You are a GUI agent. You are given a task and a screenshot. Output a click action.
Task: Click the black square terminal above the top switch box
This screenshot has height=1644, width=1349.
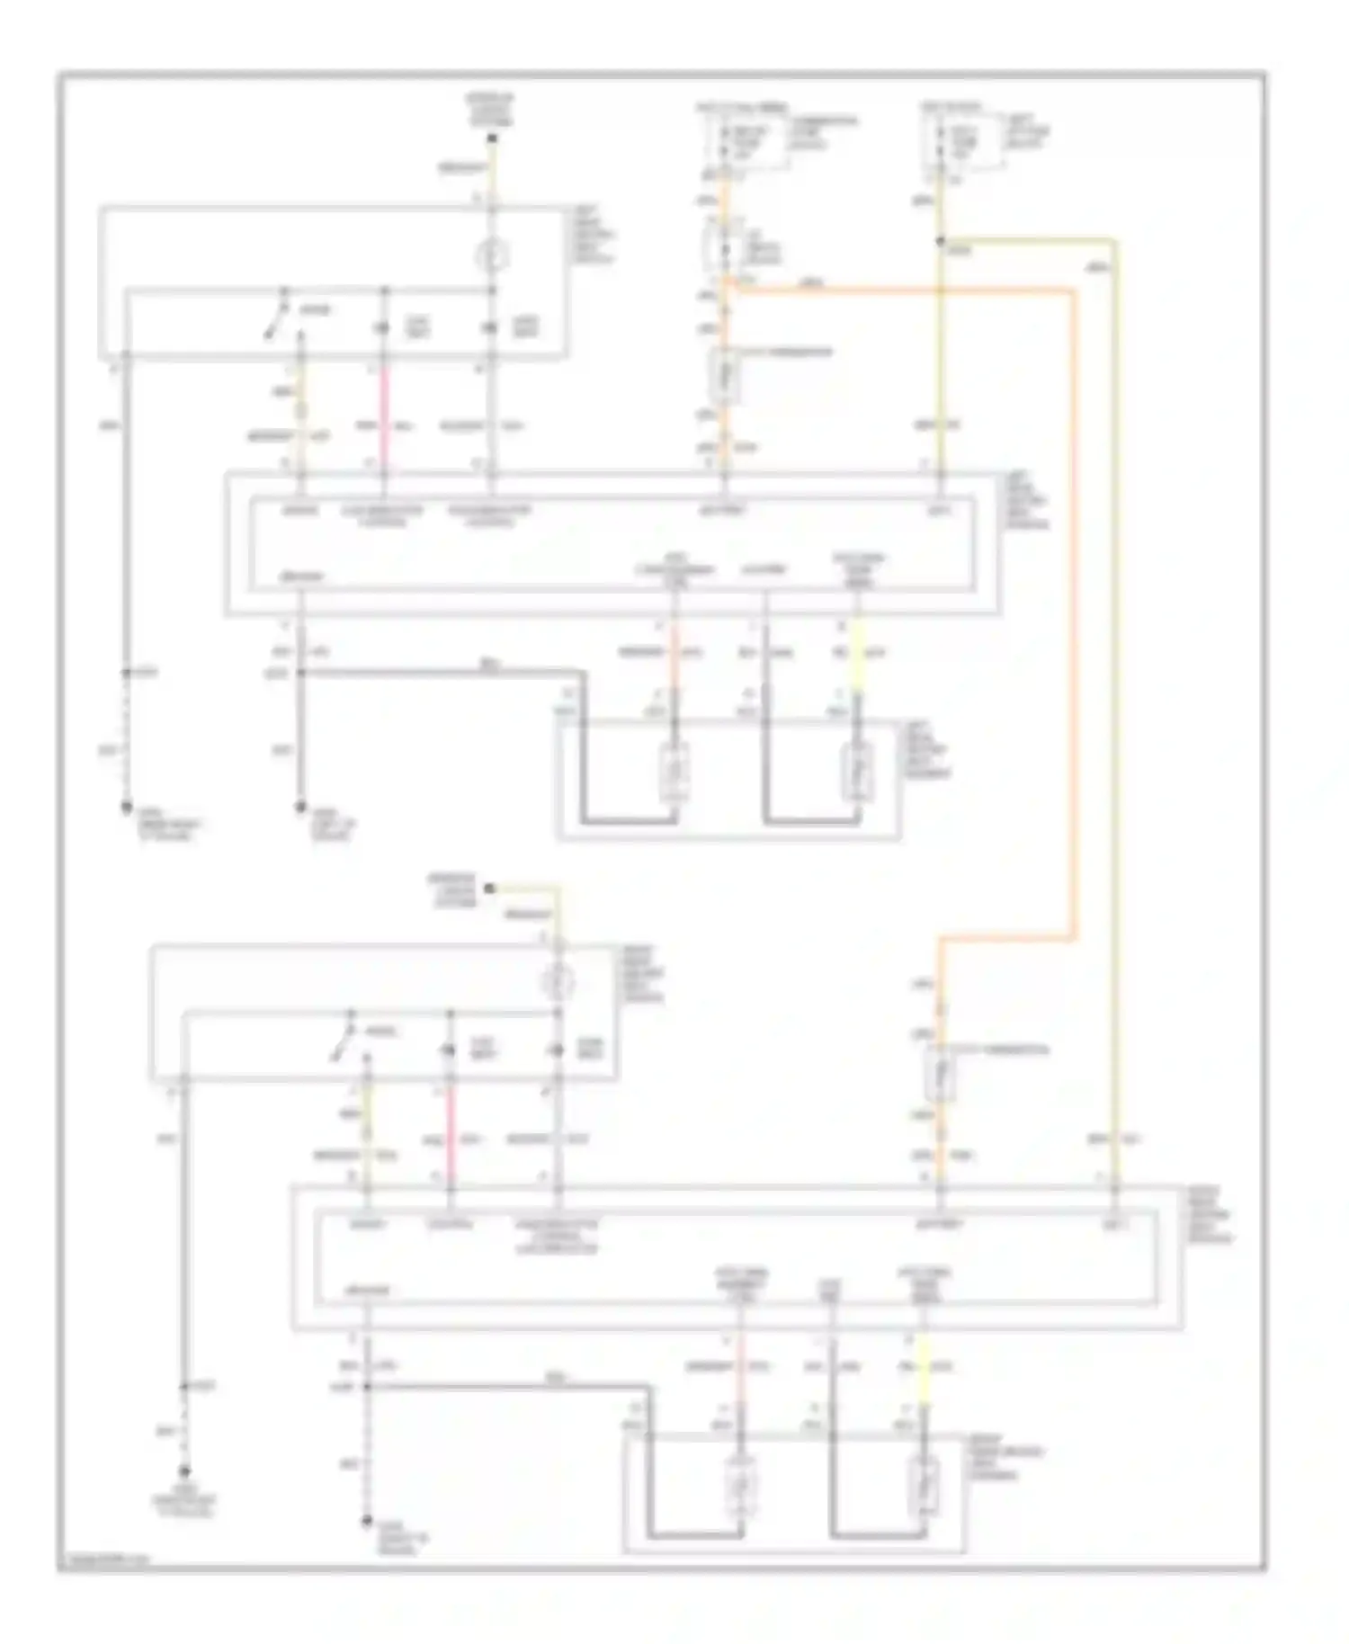(492, 138)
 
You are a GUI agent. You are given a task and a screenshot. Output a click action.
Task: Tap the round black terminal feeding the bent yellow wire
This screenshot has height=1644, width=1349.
(489, 889)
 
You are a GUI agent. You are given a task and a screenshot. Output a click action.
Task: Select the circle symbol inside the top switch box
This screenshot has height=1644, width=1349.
(492, 256)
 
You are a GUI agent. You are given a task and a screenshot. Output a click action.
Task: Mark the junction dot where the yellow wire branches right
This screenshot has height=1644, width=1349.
(940, 241)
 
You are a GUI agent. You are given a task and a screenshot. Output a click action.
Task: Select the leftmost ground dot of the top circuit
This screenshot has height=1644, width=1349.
(126, 809)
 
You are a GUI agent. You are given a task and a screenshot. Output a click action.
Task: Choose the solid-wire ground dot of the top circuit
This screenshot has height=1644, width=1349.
(300, 809)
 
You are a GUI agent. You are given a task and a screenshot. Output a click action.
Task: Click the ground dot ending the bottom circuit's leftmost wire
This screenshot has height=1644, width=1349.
(184, 1472)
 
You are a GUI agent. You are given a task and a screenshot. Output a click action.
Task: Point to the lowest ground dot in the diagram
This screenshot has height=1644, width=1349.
(366, 1522)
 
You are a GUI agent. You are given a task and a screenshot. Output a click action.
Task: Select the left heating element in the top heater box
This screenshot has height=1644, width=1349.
(674, 772)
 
